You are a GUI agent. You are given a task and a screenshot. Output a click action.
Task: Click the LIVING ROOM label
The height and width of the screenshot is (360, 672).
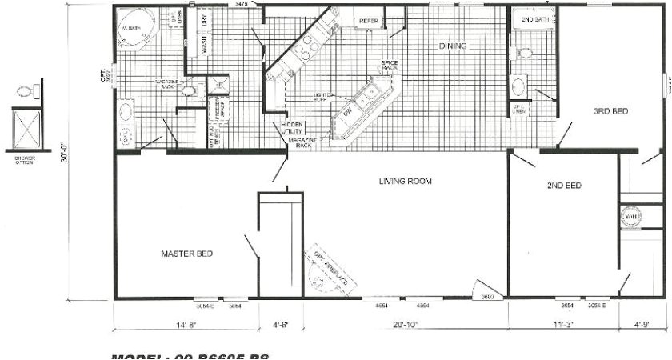click(x=405, y=182)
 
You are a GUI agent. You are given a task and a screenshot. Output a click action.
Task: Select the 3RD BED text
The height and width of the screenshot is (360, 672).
click(x=610, y=112)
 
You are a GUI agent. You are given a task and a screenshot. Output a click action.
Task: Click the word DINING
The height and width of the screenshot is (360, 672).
click(x=452, y=46)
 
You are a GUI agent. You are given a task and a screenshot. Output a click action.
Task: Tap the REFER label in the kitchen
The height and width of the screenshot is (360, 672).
click(x=369, y=22)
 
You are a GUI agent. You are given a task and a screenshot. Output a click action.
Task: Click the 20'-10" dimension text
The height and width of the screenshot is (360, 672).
click(x=406, y=325)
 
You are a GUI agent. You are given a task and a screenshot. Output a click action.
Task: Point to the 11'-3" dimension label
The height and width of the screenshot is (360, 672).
click(x=563, y=325)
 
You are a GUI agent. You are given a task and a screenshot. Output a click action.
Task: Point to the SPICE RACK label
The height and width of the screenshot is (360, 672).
click(x=390, y=65)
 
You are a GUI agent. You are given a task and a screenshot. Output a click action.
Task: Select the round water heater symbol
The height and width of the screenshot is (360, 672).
click(x=630, y=217)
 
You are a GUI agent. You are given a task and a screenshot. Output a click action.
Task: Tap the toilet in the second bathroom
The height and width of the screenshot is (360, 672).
click(x=525, y=54)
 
